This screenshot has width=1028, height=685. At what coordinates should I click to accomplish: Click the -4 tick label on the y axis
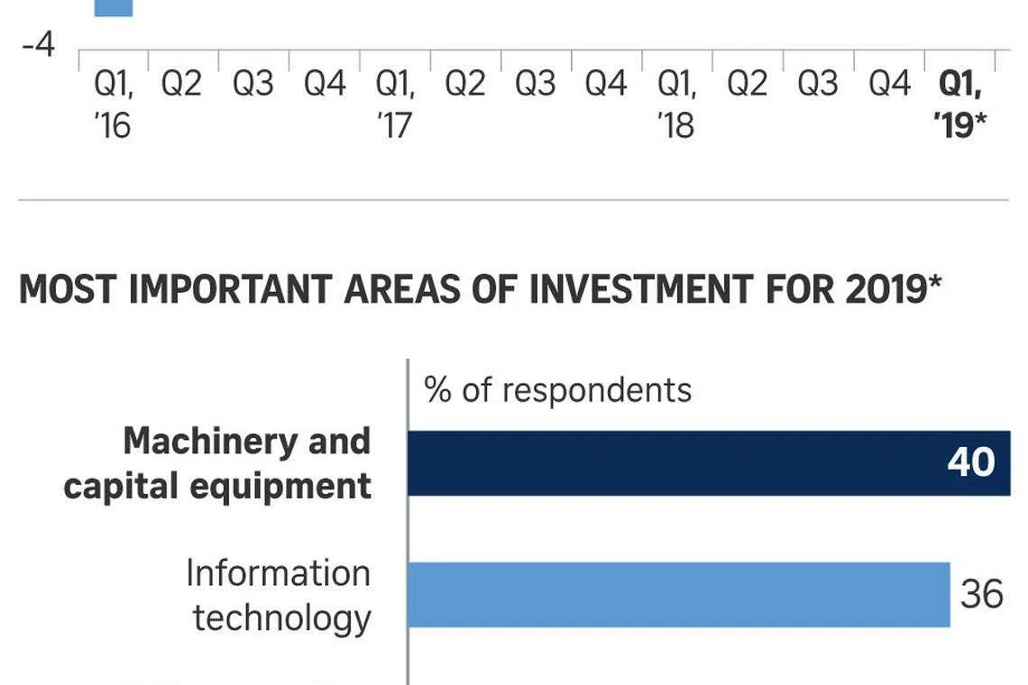coord(38,44)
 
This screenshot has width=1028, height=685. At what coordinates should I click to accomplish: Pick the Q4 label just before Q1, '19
coord(889,85)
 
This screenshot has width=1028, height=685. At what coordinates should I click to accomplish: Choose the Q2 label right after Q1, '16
coord(181,85)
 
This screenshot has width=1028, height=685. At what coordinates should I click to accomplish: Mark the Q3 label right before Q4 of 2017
coord(536,85)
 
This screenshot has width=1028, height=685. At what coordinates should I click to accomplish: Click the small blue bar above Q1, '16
coord(114,8)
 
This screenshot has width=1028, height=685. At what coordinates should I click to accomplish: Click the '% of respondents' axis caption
coord(557,390)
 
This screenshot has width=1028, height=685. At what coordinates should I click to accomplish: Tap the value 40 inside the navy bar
coord(970,462)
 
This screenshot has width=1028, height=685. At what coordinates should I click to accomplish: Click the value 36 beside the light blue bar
coord(981,595)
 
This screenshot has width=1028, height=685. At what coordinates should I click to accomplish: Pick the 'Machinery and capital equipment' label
coord(217,463)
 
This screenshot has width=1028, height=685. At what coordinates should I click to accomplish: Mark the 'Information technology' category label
coord(279,596)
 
